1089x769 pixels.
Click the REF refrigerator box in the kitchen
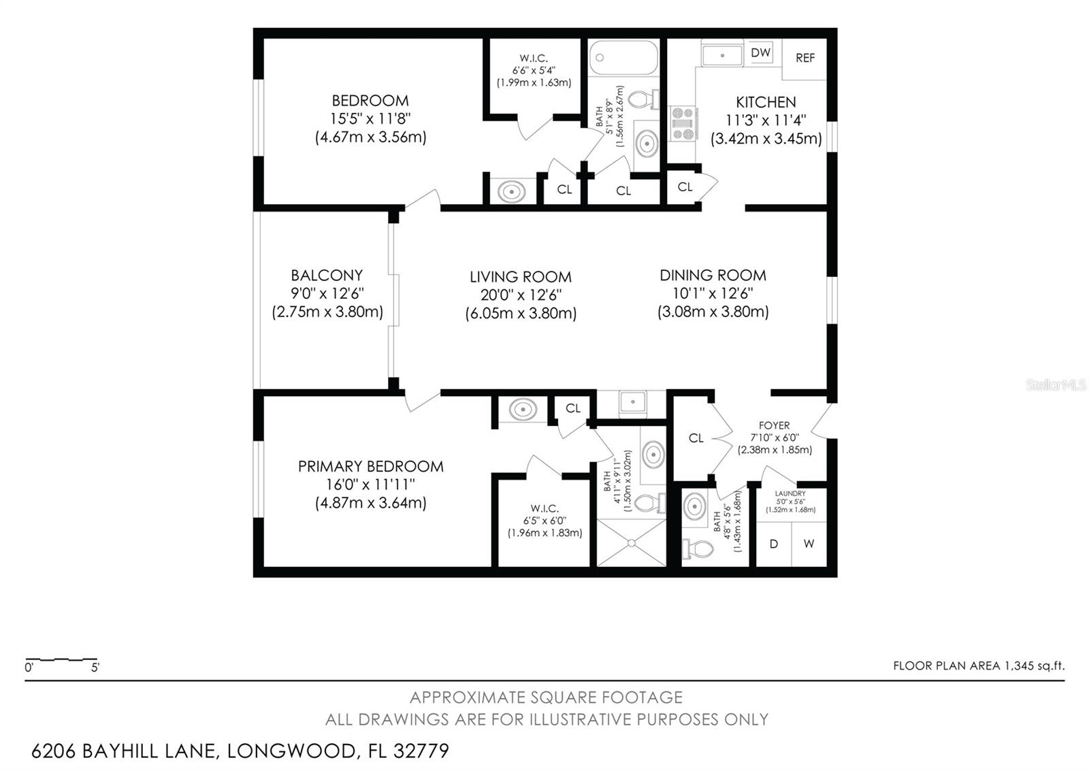(x=804, y=59)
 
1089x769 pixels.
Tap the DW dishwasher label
(x=760, y=52)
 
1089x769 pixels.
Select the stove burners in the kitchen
(x=683, y=124)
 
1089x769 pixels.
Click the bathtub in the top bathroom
(x=623, y=58)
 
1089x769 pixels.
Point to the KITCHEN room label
(x=766, y=102)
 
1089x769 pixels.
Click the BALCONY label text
(x=327, y=276)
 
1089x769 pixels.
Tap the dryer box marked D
(x=773, y=544)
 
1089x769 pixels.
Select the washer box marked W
(x=809, y=544)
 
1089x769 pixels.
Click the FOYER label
(x=774, y=425)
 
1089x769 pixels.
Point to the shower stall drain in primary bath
(x=631, y=542)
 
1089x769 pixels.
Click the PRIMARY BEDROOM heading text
(x=371, y=467)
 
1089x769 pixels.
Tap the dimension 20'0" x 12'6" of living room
(x=521, y=295)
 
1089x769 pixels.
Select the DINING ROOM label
(x=713, y=276)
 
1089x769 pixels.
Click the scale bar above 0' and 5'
(x=61, y=659)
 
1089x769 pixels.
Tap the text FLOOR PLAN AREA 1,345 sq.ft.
(x=978, y=666)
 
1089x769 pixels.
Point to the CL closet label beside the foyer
(x=696, y=438)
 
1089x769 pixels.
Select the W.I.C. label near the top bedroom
(x=534, y=59)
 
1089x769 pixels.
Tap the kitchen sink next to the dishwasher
(x=722, y=54)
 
